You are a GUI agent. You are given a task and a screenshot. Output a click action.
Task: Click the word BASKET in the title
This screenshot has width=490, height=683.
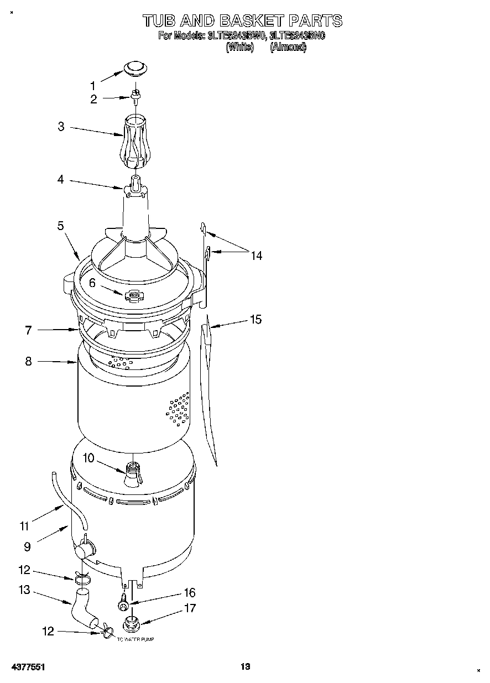point(252,21)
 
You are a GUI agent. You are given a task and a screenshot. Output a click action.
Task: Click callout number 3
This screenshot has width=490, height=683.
point(61,127)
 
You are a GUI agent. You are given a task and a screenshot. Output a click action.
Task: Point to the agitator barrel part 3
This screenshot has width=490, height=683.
point(134,142)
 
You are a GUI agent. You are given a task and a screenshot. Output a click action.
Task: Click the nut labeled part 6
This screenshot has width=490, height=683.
point(133,296)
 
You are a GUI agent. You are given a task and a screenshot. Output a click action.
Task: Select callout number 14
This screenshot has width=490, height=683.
point(256,256)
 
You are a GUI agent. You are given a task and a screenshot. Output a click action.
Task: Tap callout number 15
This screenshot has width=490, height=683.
point(256,320)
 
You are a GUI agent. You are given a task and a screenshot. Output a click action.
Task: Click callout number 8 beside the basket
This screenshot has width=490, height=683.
point(28,362)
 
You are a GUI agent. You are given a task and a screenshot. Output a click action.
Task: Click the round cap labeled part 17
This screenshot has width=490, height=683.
point(132,623)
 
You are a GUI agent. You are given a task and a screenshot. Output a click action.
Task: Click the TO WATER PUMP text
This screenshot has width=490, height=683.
point(135,639)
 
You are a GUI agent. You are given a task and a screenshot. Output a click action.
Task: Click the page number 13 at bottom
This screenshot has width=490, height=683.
point(245,667)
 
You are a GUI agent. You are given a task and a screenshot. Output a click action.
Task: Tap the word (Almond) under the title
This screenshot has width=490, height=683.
point(288,48)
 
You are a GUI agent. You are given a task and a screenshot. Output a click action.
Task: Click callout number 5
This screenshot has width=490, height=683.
point(60,226)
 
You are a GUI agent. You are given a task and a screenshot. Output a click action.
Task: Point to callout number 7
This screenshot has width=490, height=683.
point(28,330)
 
